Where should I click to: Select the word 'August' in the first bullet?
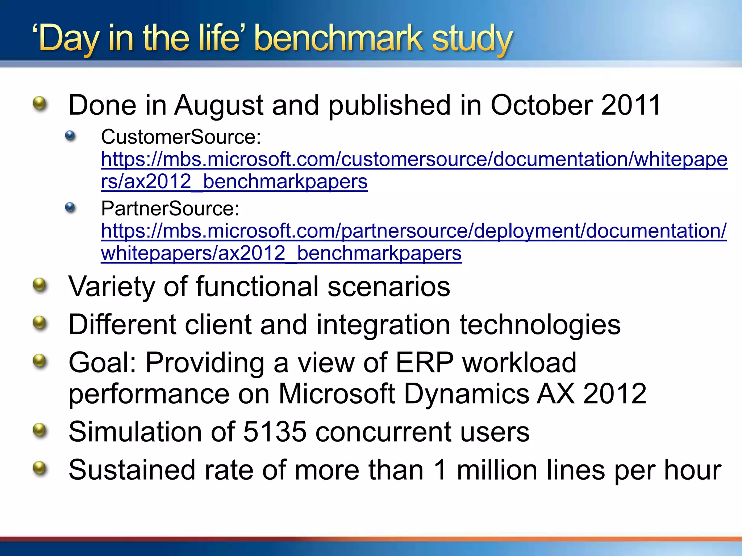coord(218,105)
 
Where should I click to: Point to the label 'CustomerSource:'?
coord(181,137)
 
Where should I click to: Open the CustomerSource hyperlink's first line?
coord(414,160)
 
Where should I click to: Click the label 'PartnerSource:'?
coord(170,209)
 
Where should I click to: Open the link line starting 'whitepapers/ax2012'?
coord(281,253)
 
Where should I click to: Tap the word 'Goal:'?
coord(102,363)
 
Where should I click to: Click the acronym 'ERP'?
coord(424,363)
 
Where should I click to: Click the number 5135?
coord(275,432)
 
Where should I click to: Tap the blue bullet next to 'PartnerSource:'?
coord(70,207)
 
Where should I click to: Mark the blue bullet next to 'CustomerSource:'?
coord(70,136)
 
